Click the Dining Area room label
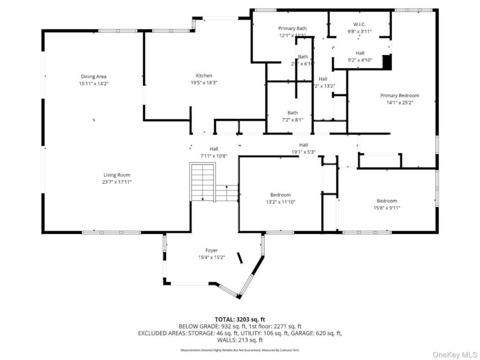(94, 76)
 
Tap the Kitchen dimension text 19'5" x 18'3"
(204, 82)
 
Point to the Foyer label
(211, 250)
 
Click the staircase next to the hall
(202, 182)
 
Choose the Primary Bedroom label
(399, 95)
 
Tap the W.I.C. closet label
(360, 24)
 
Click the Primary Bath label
(292, 29)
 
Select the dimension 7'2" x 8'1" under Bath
(292, 120)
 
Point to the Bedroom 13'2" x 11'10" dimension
(280, 202)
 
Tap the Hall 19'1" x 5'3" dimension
(303, 152)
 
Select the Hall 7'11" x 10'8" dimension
(214, 156)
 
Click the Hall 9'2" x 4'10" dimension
(360, 60)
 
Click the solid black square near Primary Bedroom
(387, 62)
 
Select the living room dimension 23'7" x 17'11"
(118, 182)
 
